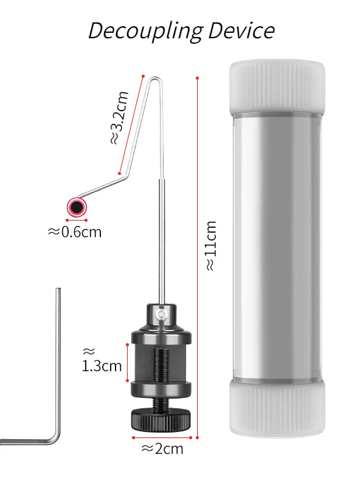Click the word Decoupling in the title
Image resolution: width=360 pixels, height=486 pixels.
146,31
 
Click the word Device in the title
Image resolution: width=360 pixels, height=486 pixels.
241,30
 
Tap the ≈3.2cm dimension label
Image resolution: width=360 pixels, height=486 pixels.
119,117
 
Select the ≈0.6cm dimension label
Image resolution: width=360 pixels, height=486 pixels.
75,232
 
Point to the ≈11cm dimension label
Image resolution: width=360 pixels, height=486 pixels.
212,245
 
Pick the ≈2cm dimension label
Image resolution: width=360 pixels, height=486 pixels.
162,448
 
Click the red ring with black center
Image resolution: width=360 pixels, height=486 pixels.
77,207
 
